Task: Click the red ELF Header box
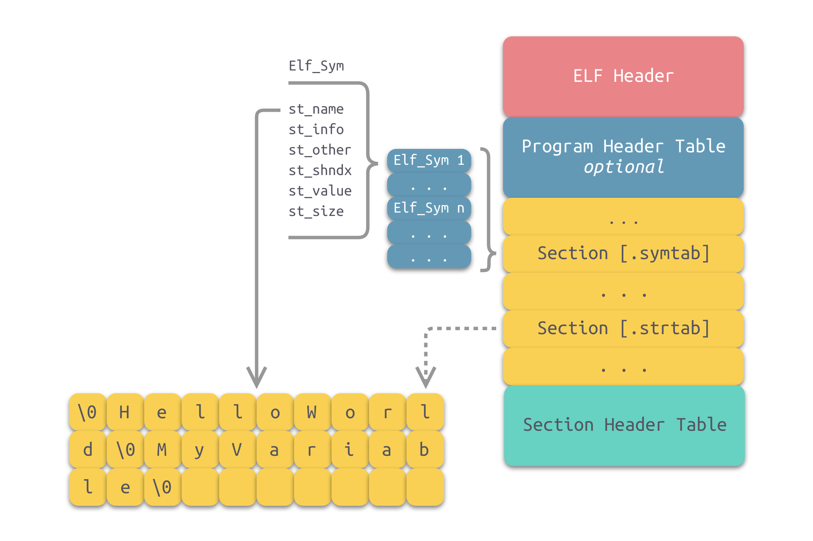pyautogui.click(x=623, y=76)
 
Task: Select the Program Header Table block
pyautogui.click(x=623, y=157)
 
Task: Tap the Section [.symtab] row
pyautogui.click(x=623, y=253)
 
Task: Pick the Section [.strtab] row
pyautogui.click(x=623, y=328)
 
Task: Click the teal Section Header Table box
pyautogui.click(x=624, y=425)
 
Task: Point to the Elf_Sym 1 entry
pyautogui.click(x=429, y=160)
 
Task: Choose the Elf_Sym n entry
pyautogui.click(x=429, y=208)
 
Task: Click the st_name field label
pyautogui.click(x=316, y=109)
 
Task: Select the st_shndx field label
pyautogui.click(x=320, y=170)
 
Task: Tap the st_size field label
pyautogui.click(x=316, y=211)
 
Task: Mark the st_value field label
pyautogui.click(x=320, y=191)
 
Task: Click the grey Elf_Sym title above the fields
pyautogui.click(x=316, y=66)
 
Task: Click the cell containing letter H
pyautogui.click(x=125, y=412)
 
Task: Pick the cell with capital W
pyautogui.click(x=312, y=412)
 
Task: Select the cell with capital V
pyautogui.click(x=237, y=450)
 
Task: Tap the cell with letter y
pyautogui.click(x=199, y=450)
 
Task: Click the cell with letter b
pyautogui.click(x=425, y=450)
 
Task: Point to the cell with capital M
pyautogui.click(x=162, y=450)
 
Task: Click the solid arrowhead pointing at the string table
pyautogui.click(x=257, y=377)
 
